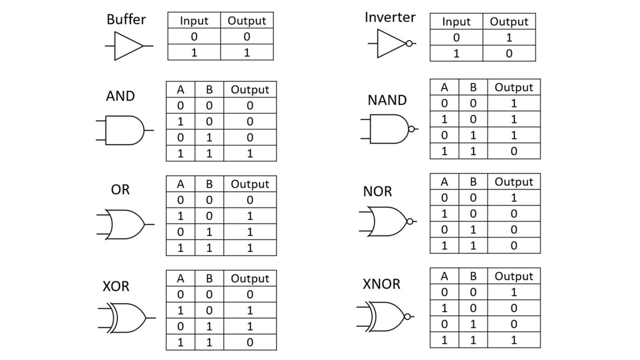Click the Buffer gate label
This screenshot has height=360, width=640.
point(126,20)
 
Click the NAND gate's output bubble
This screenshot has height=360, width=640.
point(412,129)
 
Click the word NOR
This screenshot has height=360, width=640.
point(377,191)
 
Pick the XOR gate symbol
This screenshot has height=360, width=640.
point(127,318)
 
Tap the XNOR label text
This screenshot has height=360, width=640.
point(381,284)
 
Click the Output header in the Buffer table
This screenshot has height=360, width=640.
point(247,21)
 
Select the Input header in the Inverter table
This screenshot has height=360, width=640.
point(456,22)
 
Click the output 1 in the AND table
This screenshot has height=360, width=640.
point(250,153)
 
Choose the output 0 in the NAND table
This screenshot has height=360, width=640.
point(514,151)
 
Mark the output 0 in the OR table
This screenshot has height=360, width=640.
point(250,200)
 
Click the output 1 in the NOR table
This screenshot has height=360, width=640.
point(514,197)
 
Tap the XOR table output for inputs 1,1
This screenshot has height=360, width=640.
point(250,342)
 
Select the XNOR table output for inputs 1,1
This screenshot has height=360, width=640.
point(514,340)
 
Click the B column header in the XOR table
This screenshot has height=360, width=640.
point(209,278)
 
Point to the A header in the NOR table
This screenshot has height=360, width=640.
point(444,182)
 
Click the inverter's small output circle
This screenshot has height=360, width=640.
point(409,43)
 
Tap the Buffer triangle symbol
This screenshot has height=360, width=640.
point(127,46)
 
